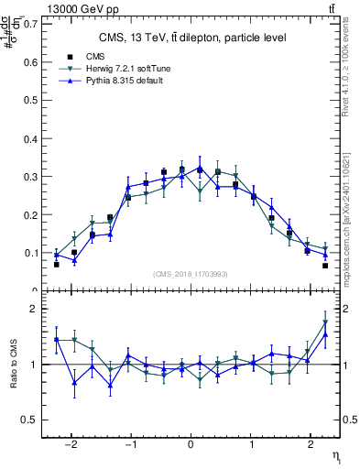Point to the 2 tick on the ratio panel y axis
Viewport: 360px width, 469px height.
click(32, 309)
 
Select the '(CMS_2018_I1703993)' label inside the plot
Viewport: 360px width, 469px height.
click(191, 275)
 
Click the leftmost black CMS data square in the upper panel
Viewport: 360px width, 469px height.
click(57, 264)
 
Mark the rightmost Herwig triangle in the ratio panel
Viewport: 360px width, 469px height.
click(325, 322)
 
